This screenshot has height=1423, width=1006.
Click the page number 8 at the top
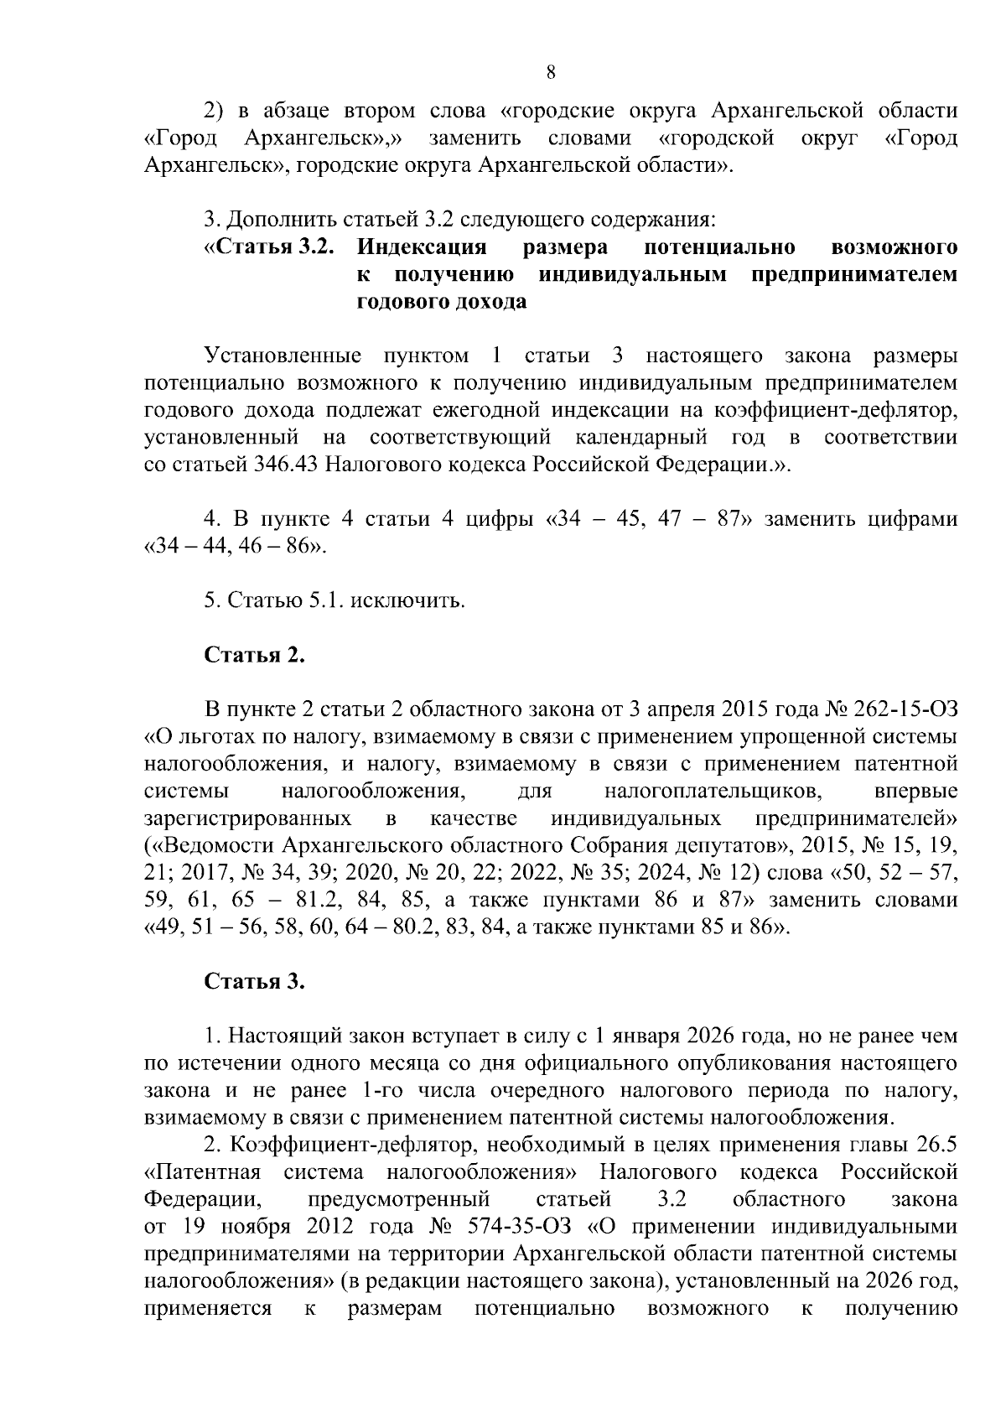551,72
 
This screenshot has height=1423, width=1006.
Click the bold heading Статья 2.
255,655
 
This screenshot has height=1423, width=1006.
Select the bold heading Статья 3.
255,981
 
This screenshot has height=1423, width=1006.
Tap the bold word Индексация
422,247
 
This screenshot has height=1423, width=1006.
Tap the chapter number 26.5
936,1145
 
